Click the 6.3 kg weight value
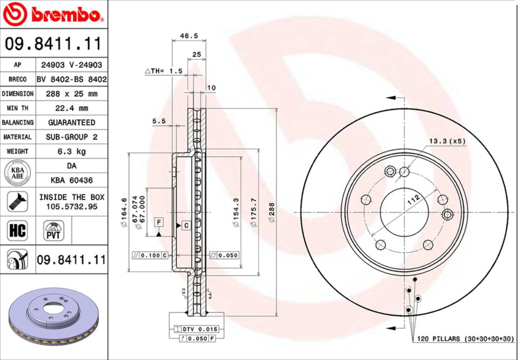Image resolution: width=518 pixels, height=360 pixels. (72, 151)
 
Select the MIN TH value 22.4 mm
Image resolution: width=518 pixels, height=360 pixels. (72, 108)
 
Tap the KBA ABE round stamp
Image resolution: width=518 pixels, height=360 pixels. (17, 173)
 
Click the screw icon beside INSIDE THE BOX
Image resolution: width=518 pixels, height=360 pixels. (17, 201)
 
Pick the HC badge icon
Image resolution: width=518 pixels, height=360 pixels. (17, 231)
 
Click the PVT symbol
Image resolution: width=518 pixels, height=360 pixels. (53, 231)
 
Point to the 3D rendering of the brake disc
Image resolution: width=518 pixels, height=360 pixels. (53, 317)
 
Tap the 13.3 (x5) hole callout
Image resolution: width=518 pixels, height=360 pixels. (447, 141)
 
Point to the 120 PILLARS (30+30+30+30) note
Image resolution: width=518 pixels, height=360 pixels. (465, 339)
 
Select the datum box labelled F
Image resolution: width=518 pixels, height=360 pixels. (158, 221)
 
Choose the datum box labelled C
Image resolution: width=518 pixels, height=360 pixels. (186, 225)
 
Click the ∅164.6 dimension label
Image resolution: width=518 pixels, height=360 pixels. (124, 212)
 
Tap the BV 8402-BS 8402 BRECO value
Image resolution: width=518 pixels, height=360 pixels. (72, 80)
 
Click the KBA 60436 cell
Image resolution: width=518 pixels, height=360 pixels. (72, 180)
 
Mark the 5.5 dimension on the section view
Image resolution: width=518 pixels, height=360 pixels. (159, 121)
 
